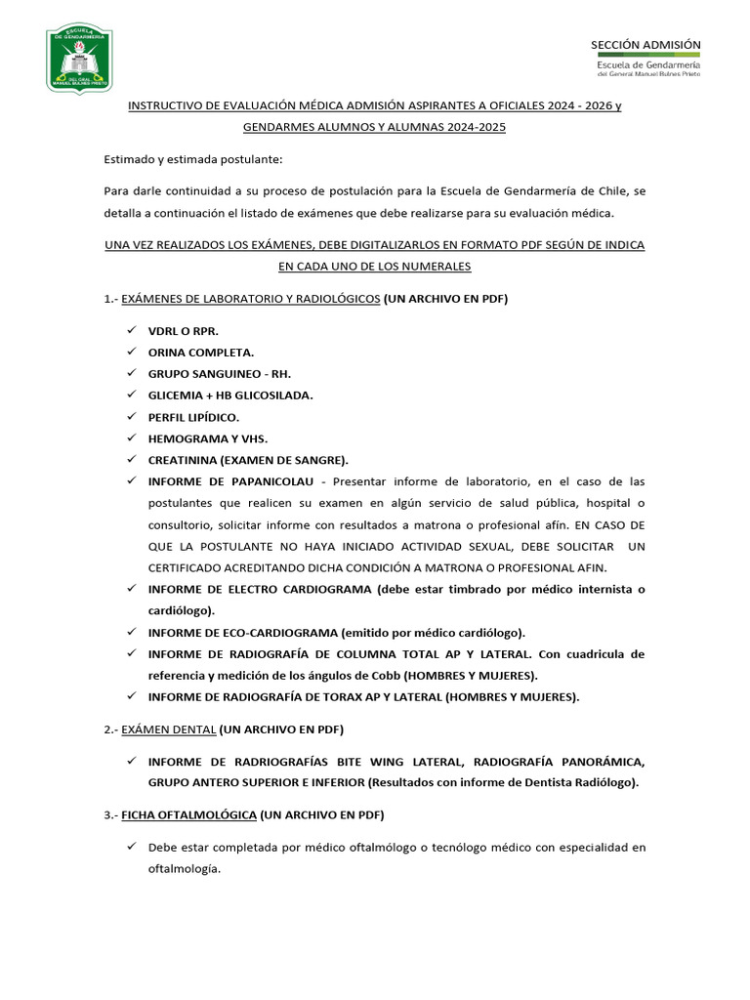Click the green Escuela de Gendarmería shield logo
[x=79, y=59]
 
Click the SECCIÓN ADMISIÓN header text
[x=646, y=45]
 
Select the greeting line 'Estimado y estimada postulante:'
[x=194, y=159]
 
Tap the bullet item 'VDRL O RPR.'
[x=177, y=331]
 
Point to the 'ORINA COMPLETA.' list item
[x=201, y=353]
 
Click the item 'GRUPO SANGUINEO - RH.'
[x=220, y=374]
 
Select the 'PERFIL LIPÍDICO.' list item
[x=193, y=417]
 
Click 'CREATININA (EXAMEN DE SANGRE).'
[x=248, y=460]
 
